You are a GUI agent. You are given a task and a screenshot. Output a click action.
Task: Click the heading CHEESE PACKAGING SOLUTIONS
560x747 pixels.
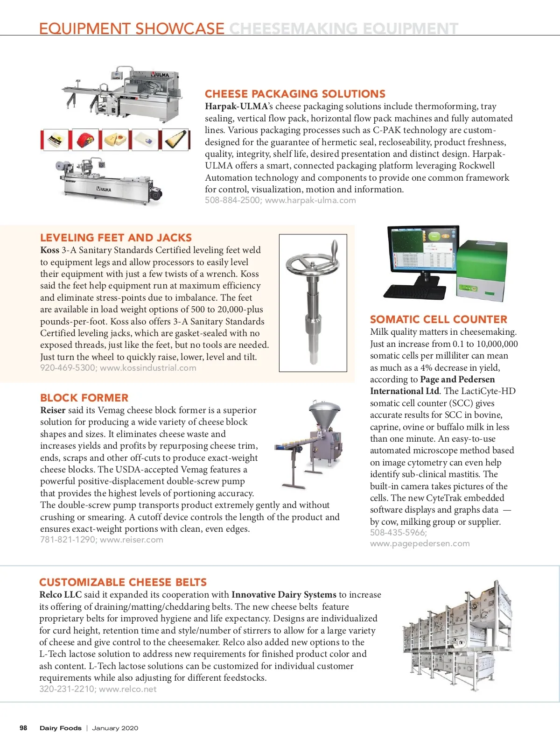(295, 94)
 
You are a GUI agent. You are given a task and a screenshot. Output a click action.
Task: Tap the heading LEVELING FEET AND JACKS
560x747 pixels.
(116, 238)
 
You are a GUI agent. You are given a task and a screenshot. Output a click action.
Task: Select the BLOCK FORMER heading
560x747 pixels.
(84, 398)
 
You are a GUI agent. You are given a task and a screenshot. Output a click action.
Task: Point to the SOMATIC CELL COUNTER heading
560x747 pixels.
(438, 319)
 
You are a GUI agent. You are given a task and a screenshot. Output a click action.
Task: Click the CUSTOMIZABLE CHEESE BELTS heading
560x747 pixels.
(123, 582)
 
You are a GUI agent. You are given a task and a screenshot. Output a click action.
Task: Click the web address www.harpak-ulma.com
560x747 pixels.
(310, 200)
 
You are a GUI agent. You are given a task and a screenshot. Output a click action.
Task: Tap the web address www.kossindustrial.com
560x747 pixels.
(148, 368)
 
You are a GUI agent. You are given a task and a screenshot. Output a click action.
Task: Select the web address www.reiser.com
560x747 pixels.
(132, 540)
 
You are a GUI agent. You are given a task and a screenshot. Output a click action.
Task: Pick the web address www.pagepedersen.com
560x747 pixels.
(420, 543)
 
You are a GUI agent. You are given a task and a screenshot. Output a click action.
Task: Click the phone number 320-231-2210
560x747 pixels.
(67, 689)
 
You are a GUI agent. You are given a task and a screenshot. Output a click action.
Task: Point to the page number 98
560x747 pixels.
(23, 728)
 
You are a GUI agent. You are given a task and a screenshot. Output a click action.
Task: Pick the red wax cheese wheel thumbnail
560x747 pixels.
(85, 139)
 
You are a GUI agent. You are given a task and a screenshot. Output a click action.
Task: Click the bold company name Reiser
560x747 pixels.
(53, 410)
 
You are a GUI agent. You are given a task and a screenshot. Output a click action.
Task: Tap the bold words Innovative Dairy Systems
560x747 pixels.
(284, 595)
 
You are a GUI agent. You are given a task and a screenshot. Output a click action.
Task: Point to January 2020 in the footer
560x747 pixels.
(115, 728)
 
